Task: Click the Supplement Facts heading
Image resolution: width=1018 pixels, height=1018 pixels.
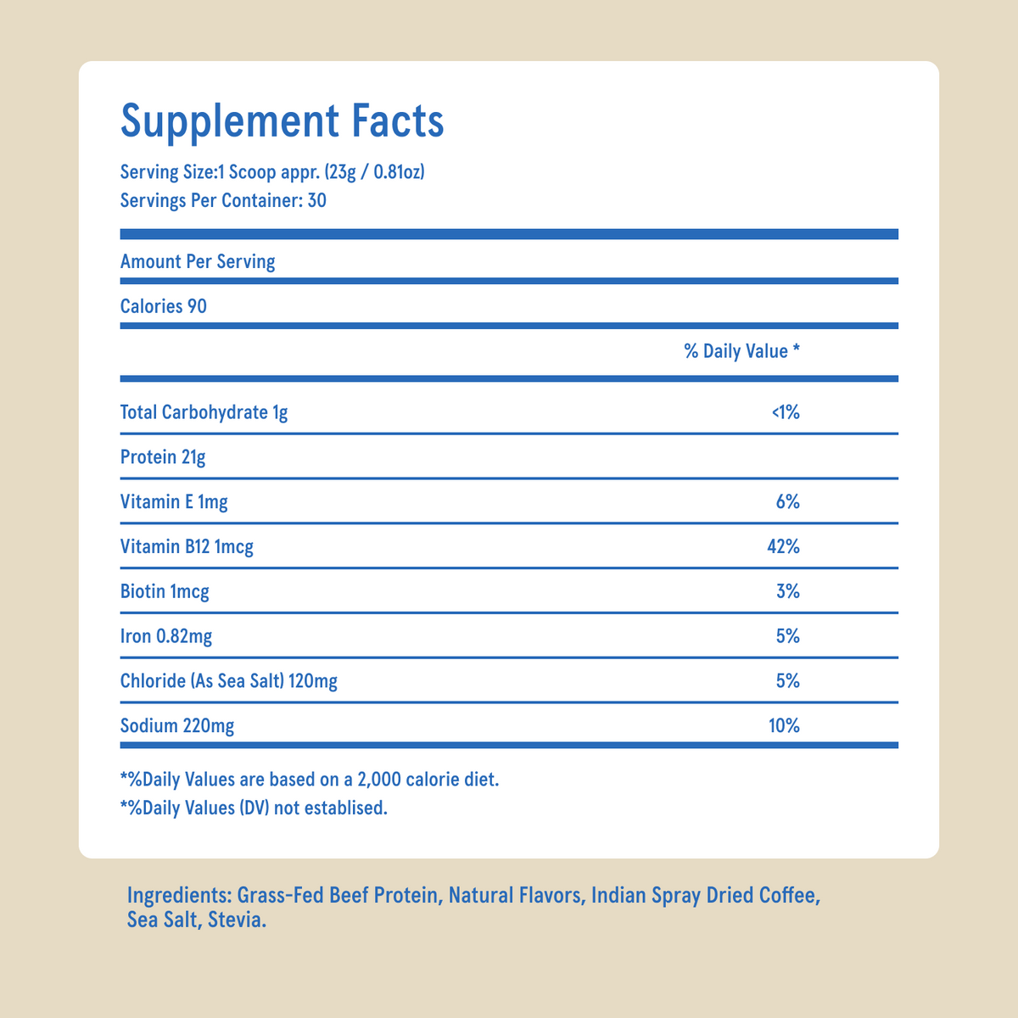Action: (282, 120)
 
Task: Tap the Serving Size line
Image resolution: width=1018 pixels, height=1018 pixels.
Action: (272, 173)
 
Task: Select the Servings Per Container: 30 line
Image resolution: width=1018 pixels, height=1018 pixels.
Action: (223, 201)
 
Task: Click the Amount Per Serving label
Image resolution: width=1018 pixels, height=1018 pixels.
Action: (198, 261)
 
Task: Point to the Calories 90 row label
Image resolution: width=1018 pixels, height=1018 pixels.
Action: (164, 306)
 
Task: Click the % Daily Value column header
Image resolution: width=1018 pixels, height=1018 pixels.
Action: (741, 351)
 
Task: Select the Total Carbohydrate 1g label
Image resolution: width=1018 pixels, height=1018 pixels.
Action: (204, 413)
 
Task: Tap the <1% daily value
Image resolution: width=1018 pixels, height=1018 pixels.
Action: (786, 413)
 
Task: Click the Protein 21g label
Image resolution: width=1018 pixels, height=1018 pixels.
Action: (163, 458)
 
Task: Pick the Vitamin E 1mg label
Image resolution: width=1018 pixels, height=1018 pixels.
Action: (174, 502)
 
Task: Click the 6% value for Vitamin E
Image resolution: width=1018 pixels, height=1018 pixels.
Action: (787, 502)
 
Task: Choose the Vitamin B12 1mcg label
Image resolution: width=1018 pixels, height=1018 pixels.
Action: (187, 547)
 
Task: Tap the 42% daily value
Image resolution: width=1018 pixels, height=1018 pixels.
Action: (783, 547)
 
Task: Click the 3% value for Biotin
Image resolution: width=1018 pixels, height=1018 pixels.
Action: (787, 591)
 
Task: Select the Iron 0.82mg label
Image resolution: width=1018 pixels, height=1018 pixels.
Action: (166, 636)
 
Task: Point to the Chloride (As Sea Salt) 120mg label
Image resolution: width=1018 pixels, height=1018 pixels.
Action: (229, 681)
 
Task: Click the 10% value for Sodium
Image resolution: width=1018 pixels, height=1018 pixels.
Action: (783, 726)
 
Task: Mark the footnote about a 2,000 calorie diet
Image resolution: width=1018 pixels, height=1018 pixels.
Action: (310, 779)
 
